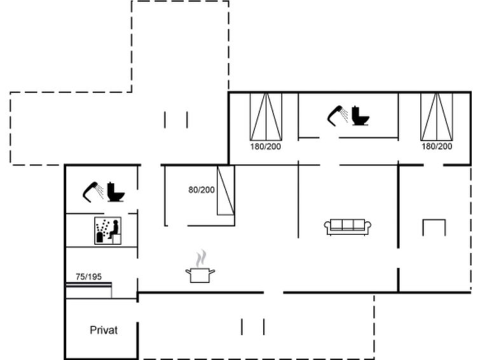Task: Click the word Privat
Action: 104,330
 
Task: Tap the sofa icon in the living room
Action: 348,227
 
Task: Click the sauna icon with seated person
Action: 107,231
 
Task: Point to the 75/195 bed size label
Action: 88,277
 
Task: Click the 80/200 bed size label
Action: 202,190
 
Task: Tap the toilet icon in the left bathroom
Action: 116,192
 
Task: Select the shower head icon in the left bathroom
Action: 93,192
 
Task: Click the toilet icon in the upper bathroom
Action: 360,116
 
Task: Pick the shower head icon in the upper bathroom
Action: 338,116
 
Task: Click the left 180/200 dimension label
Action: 265,146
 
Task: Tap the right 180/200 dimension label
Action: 437,146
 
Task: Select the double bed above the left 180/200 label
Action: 266,116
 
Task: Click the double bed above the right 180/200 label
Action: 437,116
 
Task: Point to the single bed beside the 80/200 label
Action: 226,190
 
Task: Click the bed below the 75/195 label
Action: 89,290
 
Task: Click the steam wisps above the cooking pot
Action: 201,258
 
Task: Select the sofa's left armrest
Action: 327,226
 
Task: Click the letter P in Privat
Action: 93,330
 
